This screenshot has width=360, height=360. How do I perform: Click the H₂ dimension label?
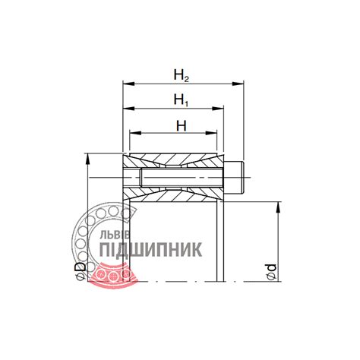(x=182, y=75)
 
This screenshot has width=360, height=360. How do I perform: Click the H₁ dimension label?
(x=181, y=99)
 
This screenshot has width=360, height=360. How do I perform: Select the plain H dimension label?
(x=182, y=125)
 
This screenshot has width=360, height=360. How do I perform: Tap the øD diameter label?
(x=81, y=271)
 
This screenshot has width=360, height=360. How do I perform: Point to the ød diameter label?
(x=271, y=272)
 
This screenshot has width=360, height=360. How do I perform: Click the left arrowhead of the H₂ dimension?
(x=128, y=84)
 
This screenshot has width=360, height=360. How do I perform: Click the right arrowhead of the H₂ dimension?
(x=238, y=84)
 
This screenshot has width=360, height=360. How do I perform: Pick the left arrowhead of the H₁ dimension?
(x=128, y=109)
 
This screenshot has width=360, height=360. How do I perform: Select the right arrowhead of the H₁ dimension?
(x=218, y=109)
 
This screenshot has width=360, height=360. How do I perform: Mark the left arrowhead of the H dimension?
(x=135, y=133)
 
